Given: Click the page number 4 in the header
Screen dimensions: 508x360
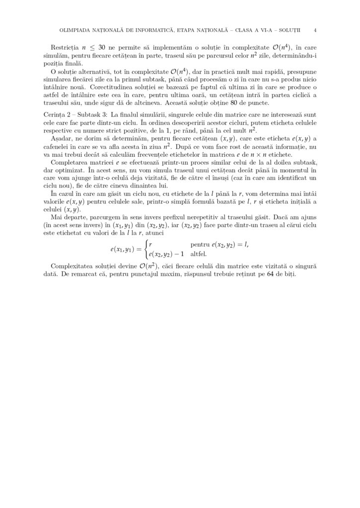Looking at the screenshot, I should point(316,30).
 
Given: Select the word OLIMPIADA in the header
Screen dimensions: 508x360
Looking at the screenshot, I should point(75,30).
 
